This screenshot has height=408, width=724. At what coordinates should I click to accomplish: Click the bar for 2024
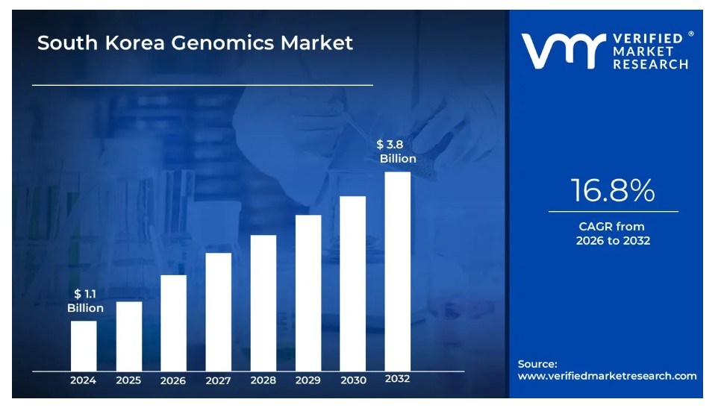pos(84,345)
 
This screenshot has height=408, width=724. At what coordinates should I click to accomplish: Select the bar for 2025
pos(128,336)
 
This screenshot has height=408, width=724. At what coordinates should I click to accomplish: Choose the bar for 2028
pos(263,302)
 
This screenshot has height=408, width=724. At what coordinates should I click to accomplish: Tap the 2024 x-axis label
pos(84,380)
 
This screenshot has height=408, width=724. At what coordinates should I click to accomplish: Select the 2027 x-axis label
pos(218,380)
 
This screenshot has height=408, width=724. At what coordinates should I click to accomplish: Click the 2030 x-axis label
pos(353,380)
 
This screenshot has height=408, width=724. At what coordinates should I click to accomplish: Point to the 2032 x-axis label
pos(398,379)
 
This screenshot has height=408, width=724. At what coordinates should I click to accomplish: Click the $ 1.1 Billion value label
pos(85,301)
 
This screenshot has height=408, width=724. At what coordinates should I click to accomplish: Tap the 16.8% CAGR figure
pos(613,192)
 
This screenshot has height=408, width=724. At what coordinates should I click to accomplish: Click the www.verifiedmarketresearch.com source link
pos(607,376)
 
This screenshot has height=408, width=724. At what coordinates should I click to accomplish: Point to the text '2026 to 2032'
pos(613,241)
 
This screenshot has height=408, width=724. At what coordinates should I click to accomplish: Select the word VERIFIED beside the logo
pos(647,39)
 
